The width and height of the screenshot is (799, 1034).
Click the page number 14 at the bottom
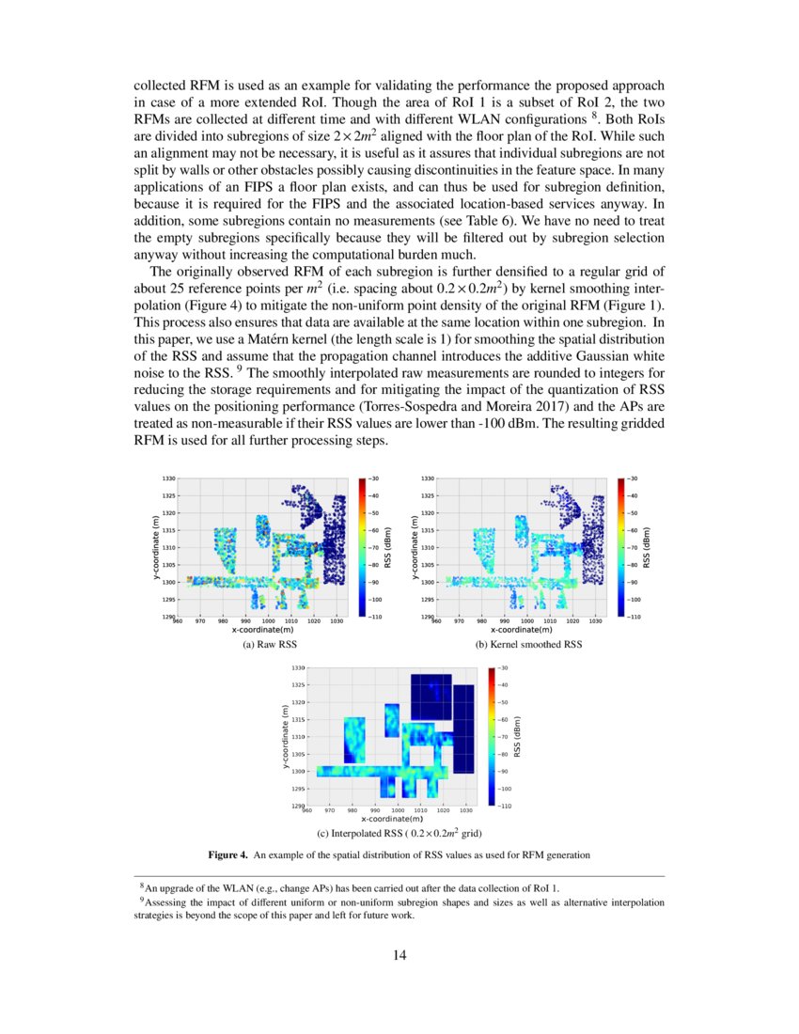tap(399, 956)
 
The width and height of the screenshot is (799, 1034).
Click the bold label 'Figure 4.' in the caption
tap(227, 854)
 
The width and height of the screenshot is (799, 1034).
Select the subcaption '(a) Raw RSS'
tap(270, 646)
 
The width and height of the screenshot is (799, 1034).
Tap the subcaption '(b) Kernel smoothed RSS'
tap(529, 646)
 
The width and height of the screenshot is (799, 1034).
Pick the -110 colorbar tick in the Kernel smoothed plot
tap(634, 617)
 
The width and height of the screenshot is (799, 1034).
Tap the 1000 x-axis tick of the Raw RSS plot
tap(268, 621)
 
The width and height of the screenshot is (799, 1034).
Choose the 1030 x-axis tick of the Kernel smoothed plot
tap(595, 621)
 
